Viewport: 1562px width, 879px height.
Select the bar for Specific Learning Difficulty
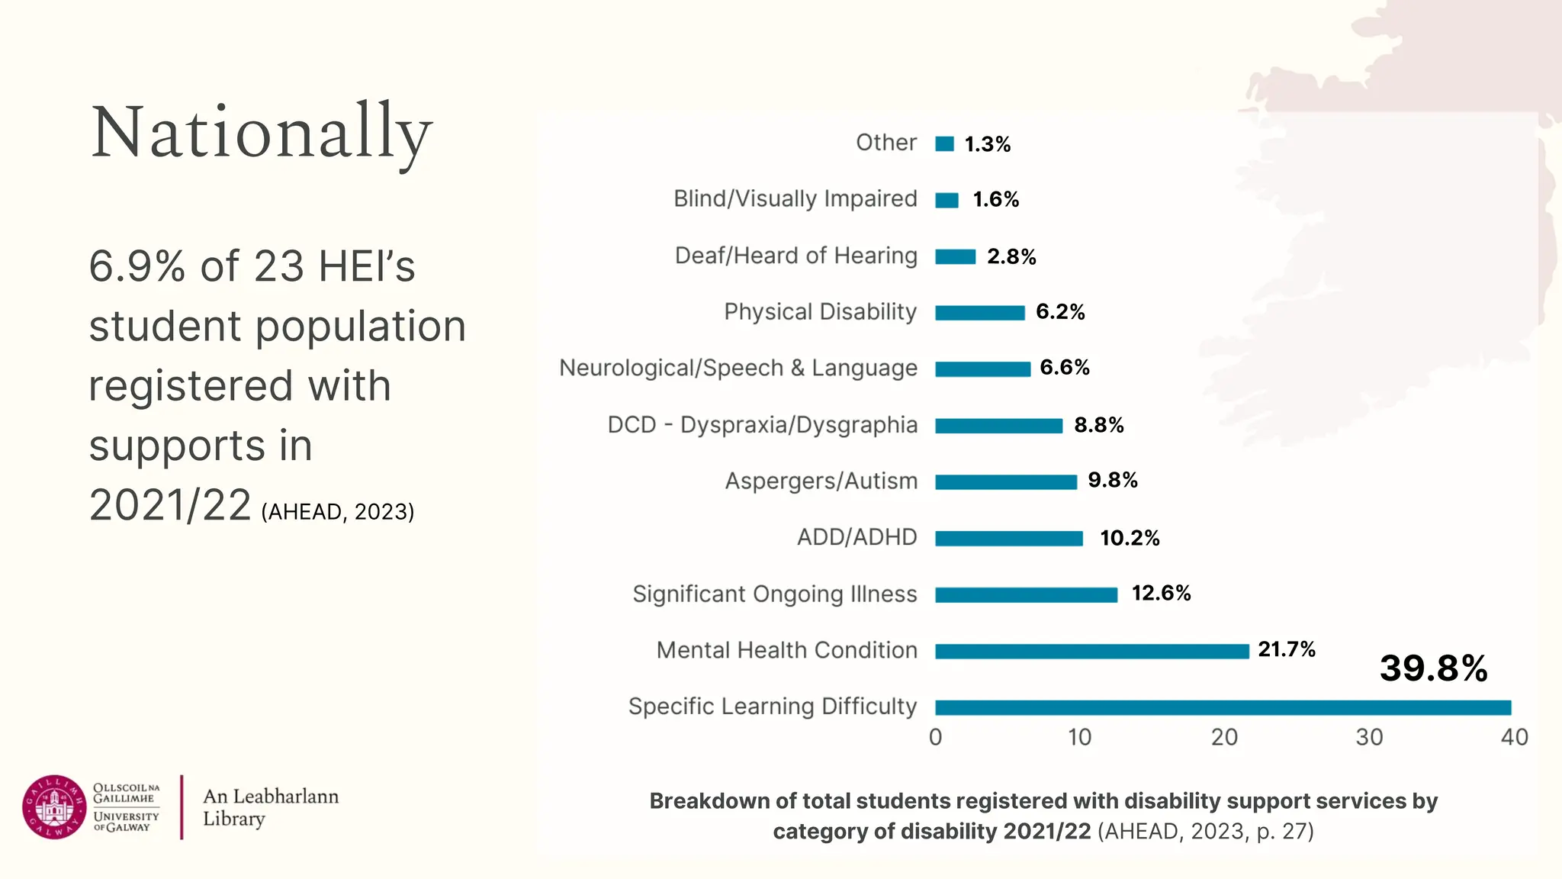1223,707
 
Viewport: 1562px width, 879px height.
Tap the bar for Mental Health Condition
1091,651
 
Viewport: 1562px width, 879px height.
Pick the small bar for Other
944,144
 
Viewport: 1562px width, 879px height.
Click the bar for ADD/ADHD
1008,539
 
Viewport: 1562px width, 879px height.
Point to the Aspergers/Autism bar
1005,482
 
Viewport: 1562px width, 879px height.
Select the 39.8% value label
1433,668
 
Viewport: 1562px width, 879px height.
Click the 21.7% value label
1287,649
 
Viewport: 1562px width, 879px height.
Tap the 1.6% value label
995,200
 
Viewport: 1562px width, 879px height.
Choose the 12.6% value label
1161,594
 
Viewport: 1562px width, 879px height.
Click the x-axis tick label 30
1369,737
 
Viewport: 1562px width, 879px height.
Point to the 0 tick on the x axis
936,737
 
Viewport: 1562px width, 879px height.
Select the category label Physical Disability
820,312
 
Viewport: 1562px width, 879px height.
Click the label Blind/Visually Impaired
795,199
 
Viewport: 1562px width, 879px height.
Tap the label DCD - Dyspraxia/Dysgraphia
762,425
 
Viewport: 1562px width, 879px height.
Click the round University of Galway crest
54,807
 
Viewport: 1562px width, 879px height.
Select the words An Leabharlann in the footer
271,797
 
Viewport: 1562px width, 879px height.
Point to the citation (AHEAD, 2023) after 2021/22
337,512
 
